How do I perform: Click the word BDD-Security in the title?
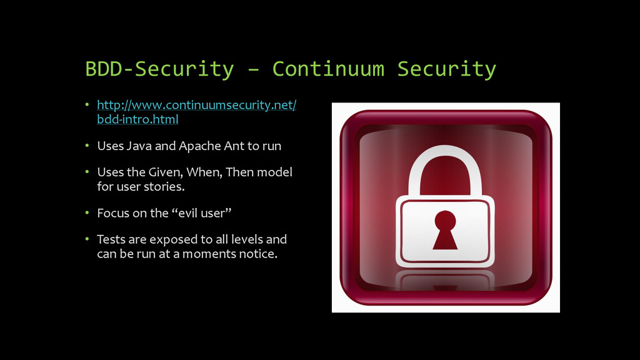coord(159,69)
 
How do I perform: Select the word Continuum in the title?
coord(328,69)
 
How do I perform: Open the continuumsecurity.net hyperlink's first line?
coord(196,105)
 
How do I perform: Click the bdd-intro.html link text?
coord(137,119)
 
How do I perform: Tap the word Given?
coord(165,172)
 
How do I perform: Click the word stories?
coord(164,186)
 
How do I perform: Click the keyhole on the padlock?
coord(445,229)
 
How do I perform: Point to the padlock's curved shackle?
coord(445,156)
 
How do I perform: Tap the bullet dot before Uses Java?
coord(88,146)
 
